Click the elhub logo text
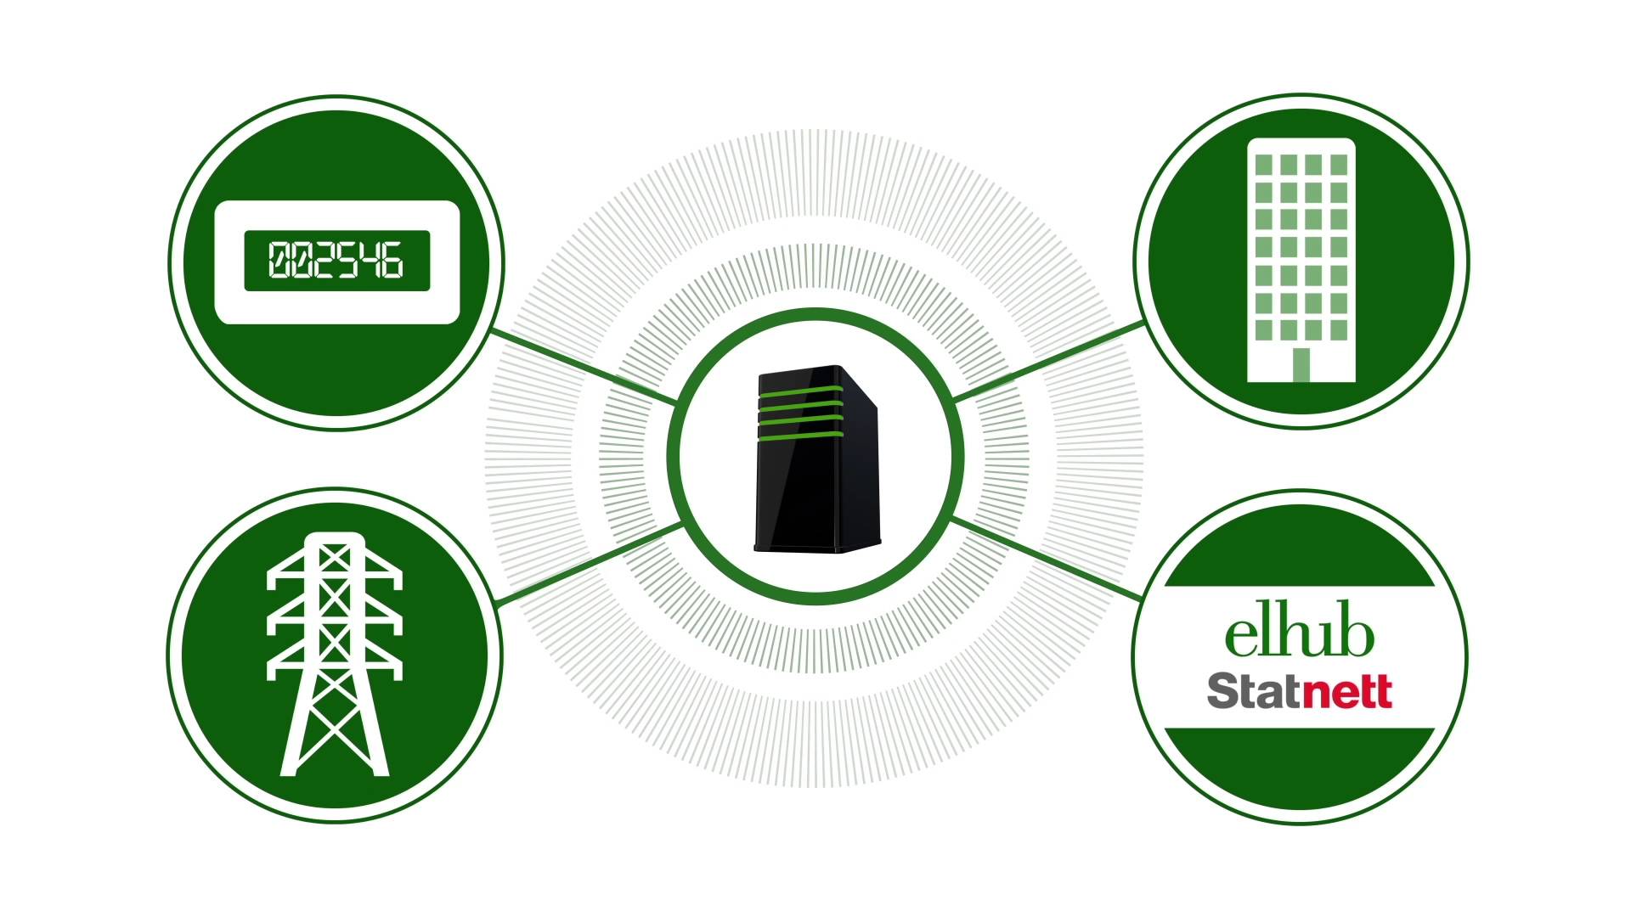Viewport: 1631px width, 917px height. [1299, 635]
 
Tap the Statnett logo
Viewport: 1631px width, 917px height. [1300, 691]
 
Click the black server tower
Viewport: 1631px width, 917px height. [817, 459]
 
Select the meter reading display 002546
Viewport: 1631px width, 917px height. [336, 261]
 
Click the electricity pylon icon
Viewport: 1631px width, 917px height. [335, 654]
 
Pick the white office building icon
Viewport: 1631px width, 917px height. [1301, 260]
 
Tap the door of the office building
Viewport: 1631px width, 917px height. [1301, 365]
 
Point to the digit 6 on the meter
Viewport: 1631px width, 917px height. [391, 261]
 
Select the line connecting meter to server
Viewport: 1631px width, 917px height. [584, 367]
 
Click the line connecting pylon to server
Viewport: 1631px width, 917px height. [590, 565]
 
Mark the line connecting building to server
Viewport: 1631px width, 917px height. [1050, 361]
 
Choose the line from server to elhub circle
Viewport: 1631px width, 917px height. [1047, 557]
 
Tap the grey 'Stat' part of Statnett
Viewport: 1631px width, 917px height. [1254, 691]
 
